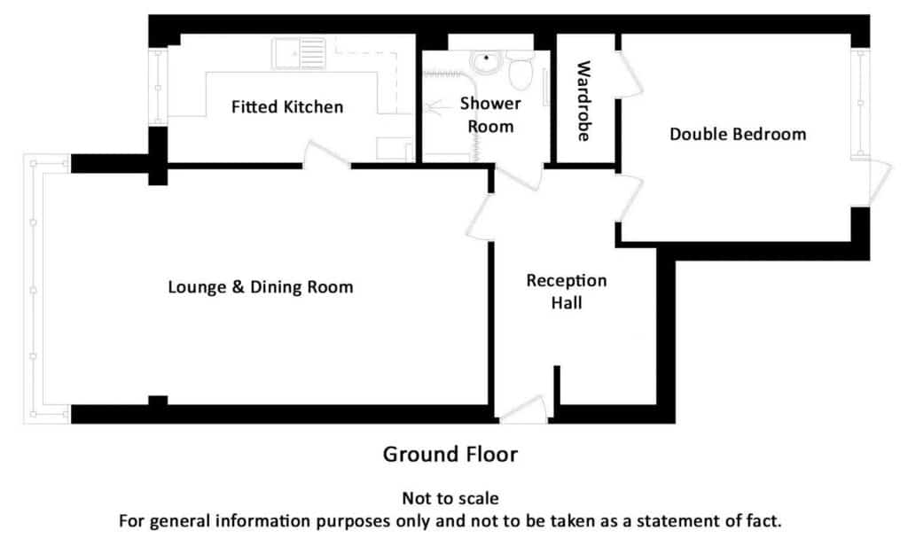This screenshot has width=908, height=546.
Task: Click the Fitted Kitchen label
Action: tap(287, 107)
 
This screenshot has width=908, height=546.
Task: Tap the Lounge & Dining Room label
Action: tap(261, 287)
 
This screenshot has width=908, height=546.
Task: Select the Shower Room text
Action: tap(490, 114)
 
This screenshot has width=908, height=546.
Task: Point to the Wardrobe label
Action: tap(583, 101)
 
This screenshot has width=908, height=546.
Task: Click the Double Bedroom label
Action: tap(738, 135)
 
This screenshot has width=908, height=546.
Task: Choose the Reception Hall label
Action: tap(567, 292)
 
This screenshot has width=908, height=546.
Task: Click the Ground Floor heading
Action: tap(450, 455)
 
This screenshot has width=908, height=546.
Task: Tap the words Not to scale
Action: tap(450, 498)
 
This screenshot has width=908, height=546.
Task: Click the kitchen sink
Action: tap(299, 53)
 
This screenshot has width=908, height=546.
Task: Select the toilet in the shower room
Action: tap(521, 70)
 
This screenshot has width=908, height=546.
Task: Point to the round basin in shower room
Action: tap(486, 61)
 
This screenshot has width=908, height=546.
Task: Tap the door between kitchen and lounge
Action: tap(326, 154)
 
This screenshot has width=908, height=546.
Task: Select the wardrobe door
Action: tap(629, 74)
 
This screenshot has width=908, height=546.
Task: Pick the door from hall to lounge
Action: tap(480, 216)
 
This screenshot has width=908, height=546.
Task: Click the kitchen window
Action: tap(158, 87)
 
